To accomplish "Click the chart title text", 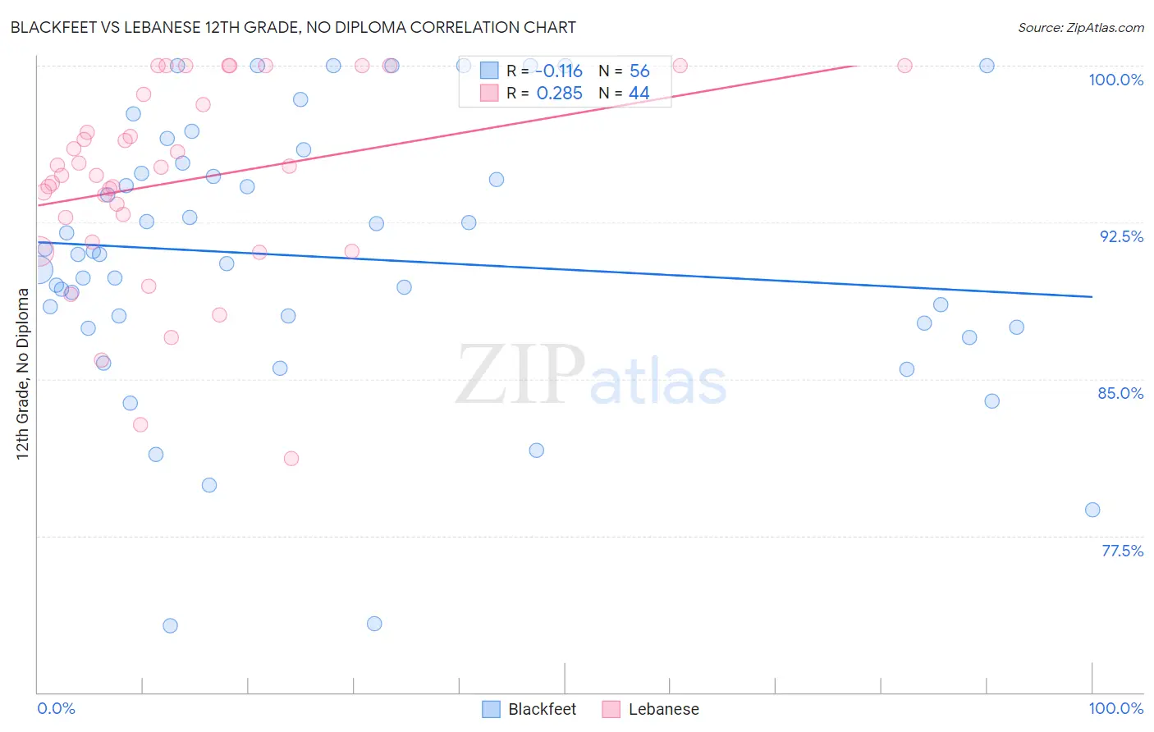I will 293,27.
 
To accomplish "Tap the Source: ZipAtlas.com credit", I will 1080,28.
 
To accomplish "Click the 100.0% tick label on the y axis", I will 1115,80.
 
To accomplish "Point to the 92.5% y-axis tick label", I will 1121,236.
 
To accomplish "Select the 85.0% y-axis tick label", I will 1120,393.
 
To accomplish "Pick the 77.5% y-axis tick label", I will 1122,551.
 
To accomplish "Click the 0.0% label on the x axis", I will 56,708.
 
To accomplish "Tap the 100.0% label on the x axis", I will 1115,708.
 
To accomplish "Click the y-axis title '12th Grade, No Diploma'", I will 23,374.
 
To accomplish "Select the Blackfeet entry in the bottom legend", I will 542,709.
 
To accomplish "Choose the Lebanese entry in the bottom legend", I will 663,709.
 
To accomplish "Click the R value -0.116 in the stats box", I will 559,71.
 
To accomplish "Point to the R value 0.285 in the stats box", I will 559,94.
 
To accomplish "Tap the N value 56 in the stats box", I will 639,71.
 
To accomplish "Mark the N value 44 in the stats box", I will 639,94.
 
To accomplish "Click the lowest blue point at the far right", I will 1092,510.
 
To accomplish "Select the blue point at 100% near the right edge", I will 987,66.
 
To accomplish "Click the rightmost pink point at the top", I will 904,66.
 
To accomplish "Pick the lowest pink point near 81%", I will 291,458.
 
